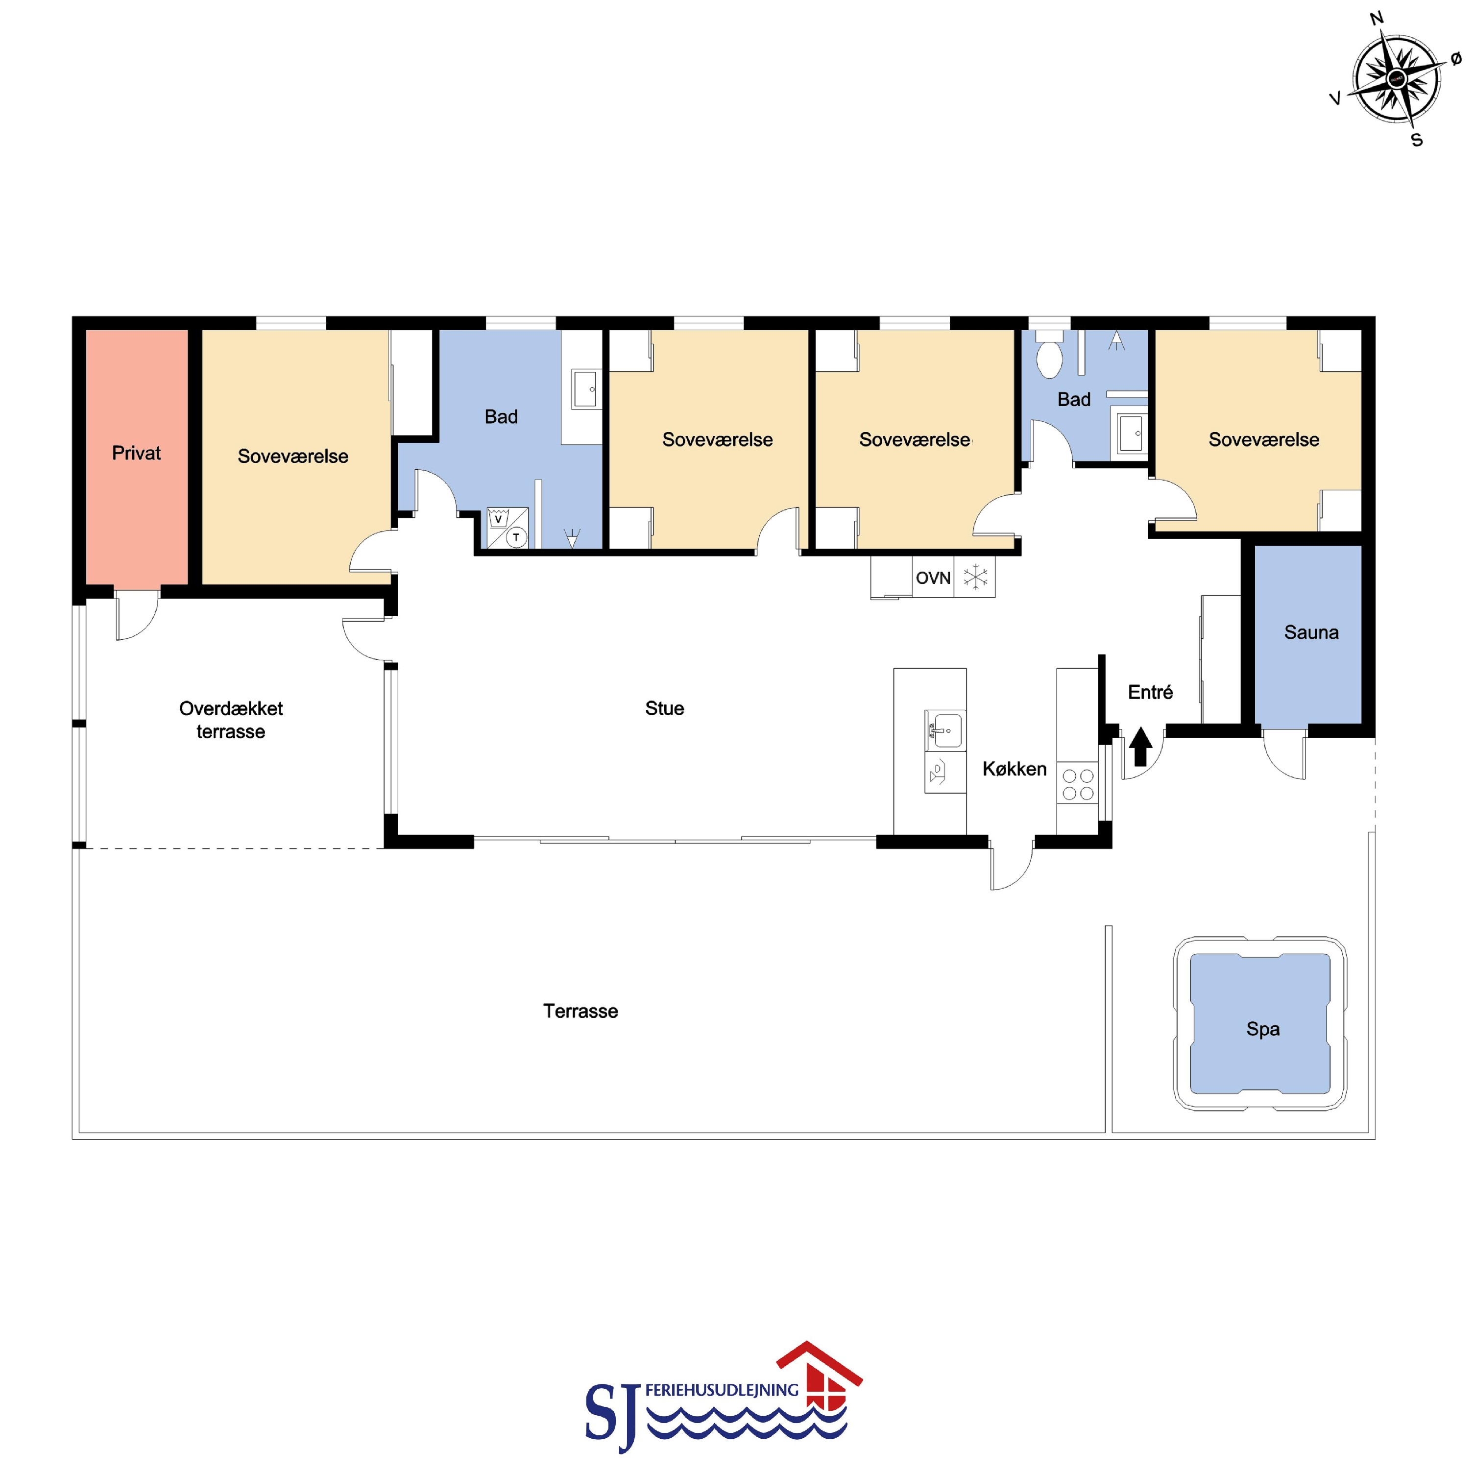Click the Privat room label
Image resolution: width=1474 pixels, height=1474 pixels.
(x=137, y=453)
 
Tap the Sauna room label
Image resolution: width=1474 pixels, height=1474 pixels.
(x=1311, y=632)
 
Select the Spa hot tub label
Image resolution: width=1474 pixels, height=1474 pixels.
(x=1263, y=1029)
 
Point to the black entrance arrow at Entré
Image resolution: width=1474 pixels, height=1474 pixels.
(x=1140, y=746)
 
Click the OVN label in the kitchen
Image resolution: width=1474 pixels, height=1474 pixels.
(x=933, y=579)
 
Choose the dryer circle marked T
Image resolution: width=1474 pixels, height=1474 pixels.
(x=516, y=537)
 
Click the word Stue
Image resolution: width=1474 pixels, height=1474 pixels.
(x=665, y=708)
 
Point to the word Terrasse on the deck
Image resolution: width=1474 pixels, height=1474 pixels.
(x=580, y=1011)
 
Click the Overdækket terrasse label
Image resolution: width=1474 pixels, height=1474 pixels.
(x=230, y=720)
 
